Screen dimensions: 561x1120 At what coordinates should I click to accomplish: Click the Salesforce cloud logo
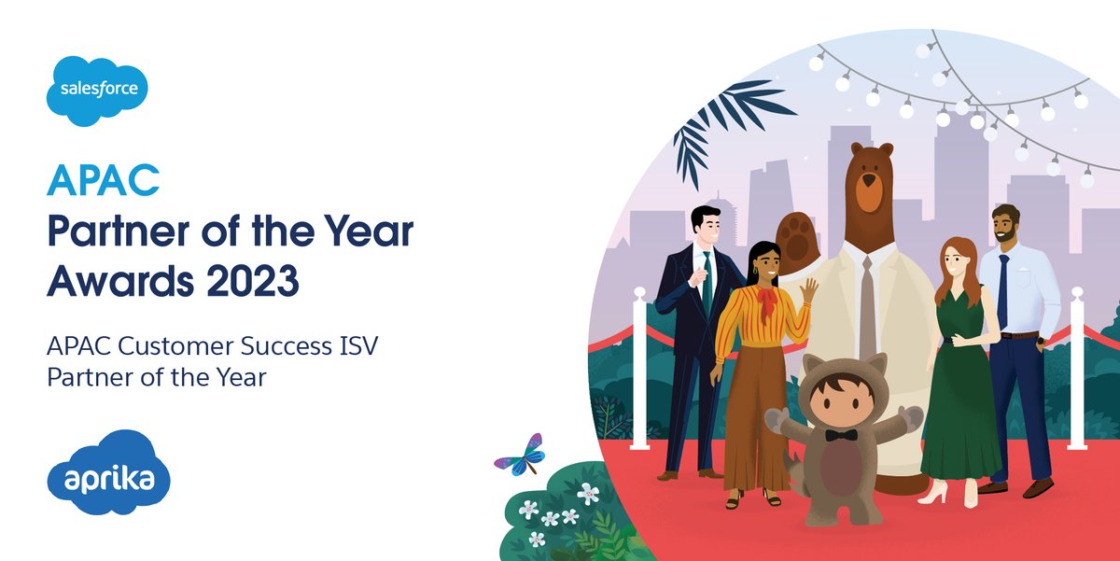pos(97,91)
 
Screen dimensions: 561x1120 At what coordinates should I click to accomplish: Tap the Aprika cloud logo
pos(109,479)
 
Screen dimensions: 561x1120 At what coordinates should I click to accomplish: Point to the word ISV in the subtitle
pos(358,350)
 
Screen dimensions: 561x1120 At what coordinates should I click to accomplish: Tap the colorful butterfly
pos(521,455)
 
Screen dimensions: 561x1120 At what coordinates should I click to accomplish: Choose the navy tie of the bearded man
pos(1002,289)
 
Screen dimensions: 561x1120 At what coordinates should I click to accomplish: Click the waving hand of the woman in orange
pos(808,290)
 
